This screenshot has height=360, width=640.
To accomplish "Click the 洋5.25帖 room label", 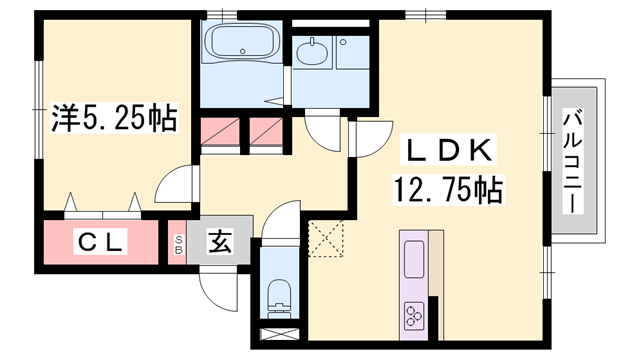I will (x=114, y=120).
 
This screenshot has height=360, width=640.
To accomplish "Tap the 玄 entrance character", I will (x=220, y=241).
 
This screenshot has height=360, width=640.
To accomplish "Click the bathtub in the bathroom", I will (x=243, y=46).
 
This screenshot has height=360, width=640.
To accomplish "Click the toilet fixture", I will (x=279, y=296).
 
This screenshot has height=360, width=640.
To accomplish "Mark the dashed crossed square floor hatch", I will (x=327, y=237).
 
